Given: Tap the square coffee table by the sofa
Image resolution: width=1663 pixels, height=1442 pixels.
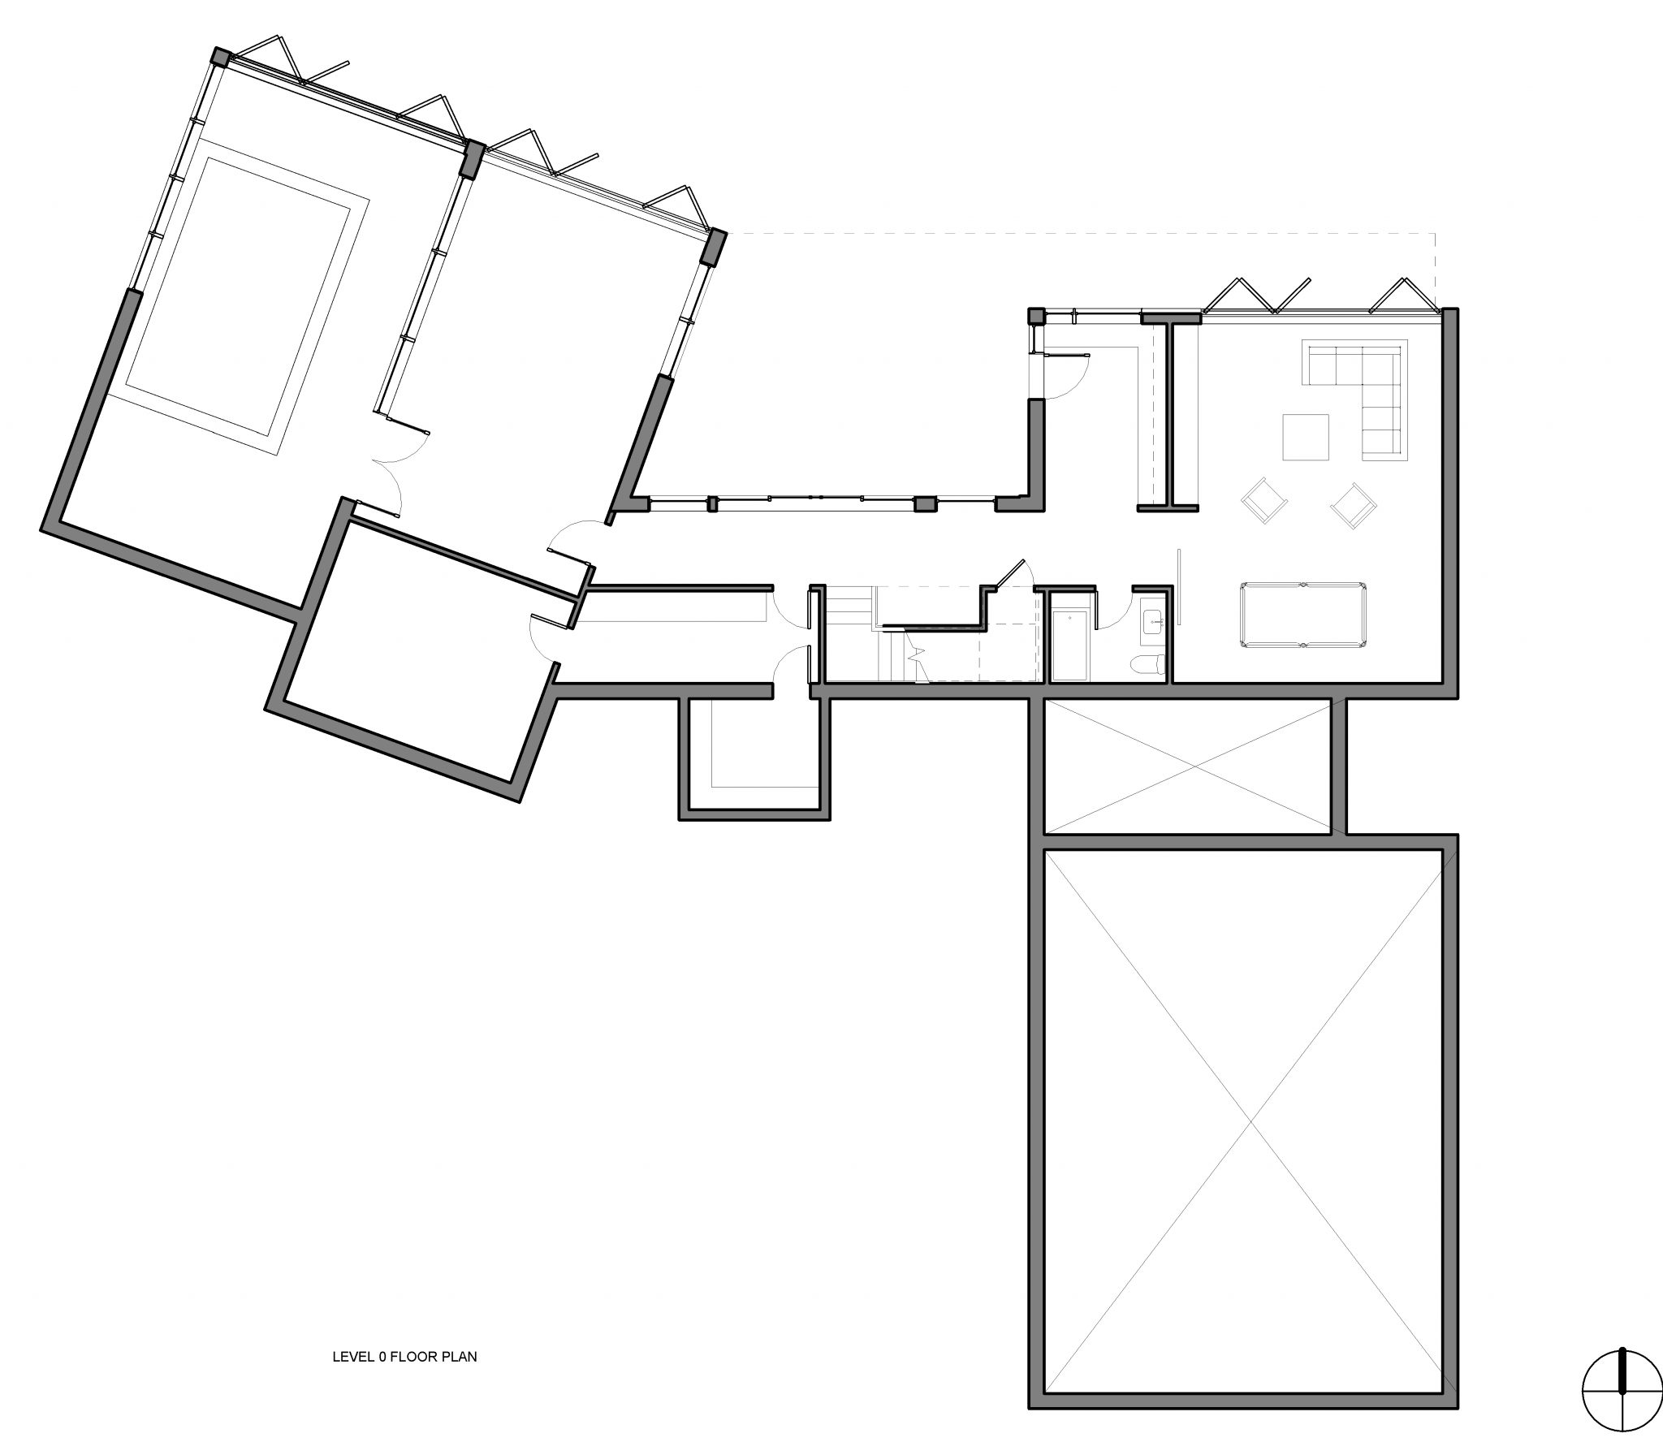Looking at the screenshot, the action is (x=1306, y=437).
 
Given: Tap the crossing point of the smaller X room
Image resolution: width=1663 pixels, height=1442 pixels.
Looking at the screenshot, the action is (x=1188, y=766).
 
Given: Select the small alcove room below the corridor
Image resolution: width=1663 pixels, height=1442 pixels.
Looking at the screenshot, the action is (x=754, y=757).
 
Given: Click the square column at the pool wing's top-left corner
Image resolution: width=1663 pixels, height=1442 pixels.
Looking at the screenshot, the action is (x=221, y=56).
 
